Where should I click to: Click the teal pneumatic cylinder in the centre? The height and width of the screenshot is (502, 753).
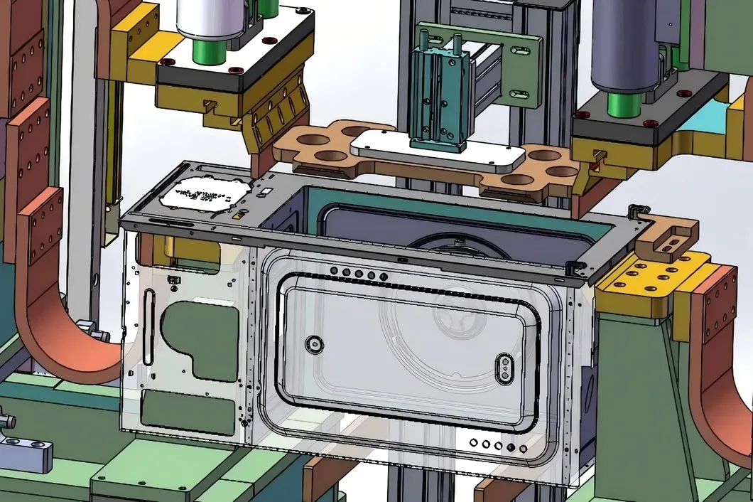(439, 100)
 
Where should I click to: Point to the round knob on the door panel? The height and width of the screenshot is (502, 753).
(313, 345)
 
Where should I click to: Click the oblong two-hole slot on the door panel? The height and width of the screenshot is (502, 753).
(504, 366)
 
